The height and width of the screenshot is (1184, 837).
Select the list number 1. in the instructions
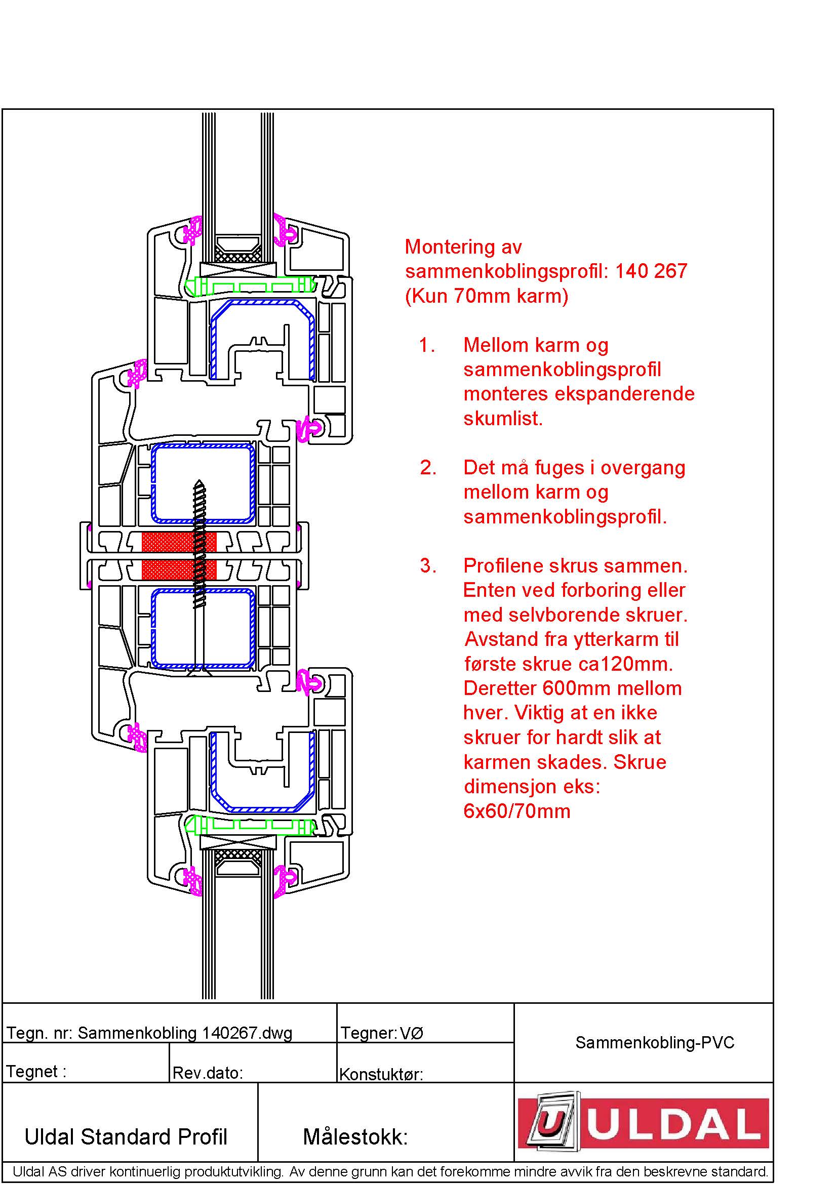pos(427,345)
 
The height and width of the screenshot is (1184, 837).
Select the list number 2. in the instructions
pos(428,467)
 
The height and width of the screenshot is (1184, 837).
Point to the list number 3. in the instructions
pos(428,566)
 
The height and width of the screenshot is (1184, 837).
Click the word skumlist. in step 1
pos(503,419)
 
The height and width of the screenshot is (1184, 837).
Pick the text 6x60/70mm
pos(517,811)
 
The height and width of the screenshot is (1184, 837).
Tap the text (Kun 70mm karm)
pos(486,296)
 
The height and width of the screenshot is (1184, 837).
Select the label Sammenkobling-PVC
pos(654,1042)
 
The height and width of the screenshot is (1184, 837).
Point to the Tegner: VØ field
pos(382,1033)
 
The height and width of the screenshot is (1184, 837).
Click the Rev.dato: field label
pos(207,1073)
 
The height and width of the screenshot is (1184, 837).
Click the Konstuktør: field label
pos(381,1074)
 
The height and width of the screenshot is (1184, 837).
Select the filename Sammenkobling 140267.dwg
pos(185,1033)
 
